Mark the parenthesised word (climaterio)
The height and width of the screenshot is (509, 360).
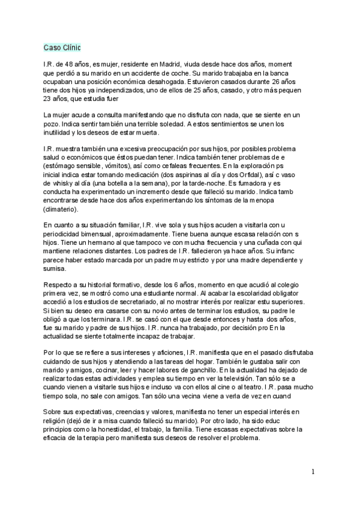(65, 210)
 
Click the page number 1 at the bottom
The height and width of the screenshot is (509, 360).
(313, 472)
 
